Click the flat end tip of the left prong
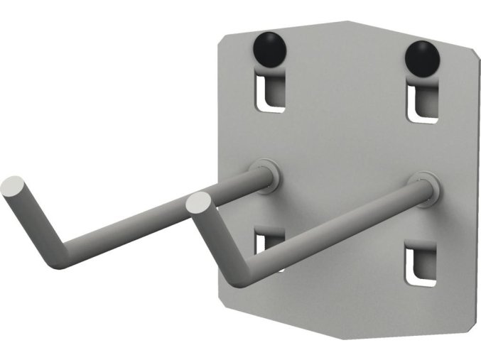(13, 187)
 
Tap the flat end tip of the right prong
(199, 204)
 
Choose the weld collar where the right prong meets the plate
(425, 189)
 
